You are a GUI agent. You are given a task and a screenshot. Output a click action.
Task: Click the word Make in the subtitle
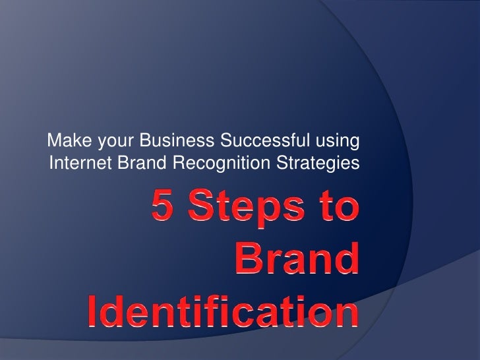(x=66, y=140)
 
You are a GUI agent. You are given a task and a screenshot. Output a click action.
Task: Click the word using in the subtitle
(x=335, y=141)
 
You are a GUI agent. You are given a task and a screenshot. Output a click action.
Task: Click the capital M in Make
(x=55, y=140)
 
